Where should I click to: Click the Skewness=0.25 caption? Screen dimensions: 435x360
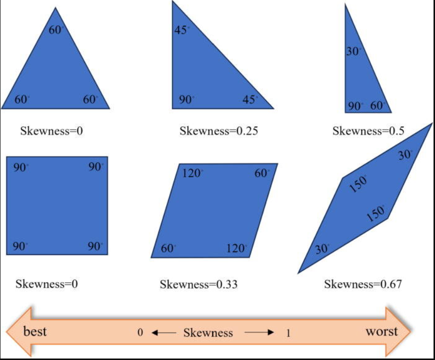(x=219, y=131)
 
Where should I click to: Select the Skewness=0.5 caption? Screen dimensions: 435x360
(x=368, y=131)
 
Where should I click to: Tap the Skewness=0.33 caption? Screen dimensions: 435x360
(x=198, y=284)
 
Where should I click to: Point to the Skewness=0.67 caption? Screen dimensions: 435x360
(x=363, y=284)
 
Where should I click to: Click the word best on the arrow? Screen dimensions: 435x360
(x=35, y=331)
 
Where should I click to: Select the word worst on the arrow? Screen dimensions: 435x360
(x=382, y=331)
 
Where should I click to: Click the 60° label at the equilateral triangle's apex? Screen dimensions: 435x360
(x=56, y=30)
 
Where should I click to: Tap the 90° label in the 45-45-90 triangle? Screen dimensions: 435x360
(x=186, y=100)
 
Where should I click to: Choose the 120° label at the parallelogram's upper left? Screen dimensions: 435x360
(x=193, y=173)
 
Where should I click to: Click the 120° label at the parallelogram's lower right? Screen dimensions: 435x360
(x=237, y=248)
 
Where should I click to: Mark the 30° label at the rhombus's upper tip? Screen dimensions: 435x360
(x=405, y=155)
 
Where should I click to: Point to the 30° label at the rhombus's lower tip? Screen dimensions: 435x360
(x=322, y=249)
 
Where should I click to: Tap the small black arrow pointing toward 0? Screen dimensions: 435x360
(x=164, y=333)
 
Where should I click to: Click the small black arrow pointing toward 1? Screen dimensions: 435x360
(x=259, y=333)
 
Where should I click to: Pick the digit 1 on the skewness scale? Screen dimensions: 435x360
(x=288, y=333)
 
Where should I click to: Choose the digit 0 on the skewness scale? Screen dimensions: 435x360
(x=140, y=333)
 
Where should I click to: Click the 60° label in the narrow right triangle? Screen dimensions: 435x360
(x=378, y=106)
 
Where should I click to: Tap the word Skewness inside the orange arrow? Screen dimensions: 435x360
(x=208, y=333)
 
